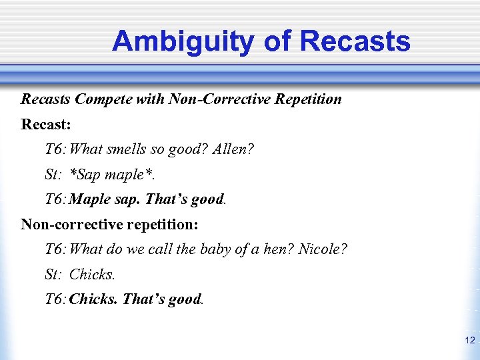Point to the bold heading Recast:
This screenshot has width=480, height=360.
coord(46,125)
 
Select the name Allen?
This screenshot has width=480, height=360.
coord(233,150)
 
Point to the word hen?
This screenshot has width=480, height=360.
coord(277,249)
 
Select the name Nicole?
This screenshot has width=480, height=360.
coord(323,249)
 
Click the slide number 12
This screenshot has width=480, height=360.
coord(469,341)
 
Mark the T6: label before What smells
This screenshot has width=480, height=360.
coord(56,150)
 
